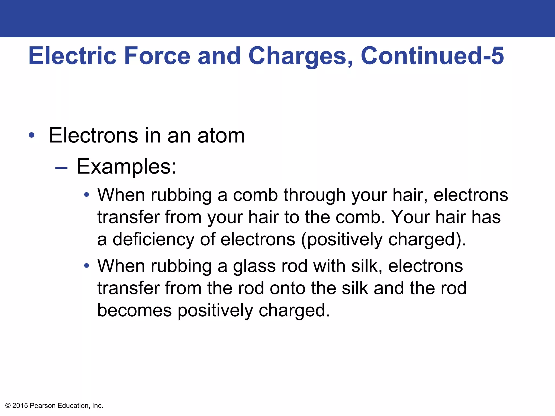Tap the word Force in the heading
157,56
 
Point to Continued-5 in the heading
432,56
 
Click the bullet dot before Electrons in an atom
32,135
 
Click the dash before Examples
61,168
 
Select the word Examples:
127,167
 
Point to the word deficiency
153,239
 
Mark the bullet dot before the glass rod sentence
86,265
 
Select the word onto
287,288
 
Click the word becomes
134,310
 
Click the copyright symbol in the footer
8,406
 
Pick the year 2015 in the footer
20,406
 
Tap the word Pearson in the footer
43,406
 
